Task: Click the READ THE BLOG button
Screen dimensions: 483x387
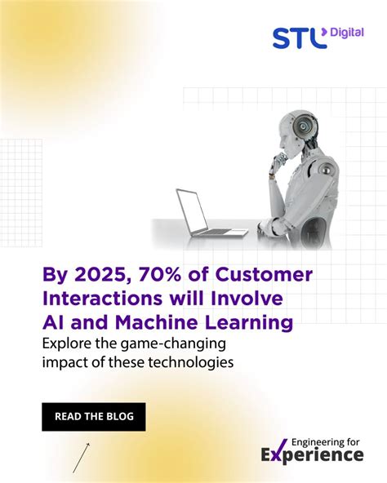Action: coord(93,417)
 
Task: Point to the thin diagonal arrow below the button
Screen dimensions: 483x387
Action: coord(81,458)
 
